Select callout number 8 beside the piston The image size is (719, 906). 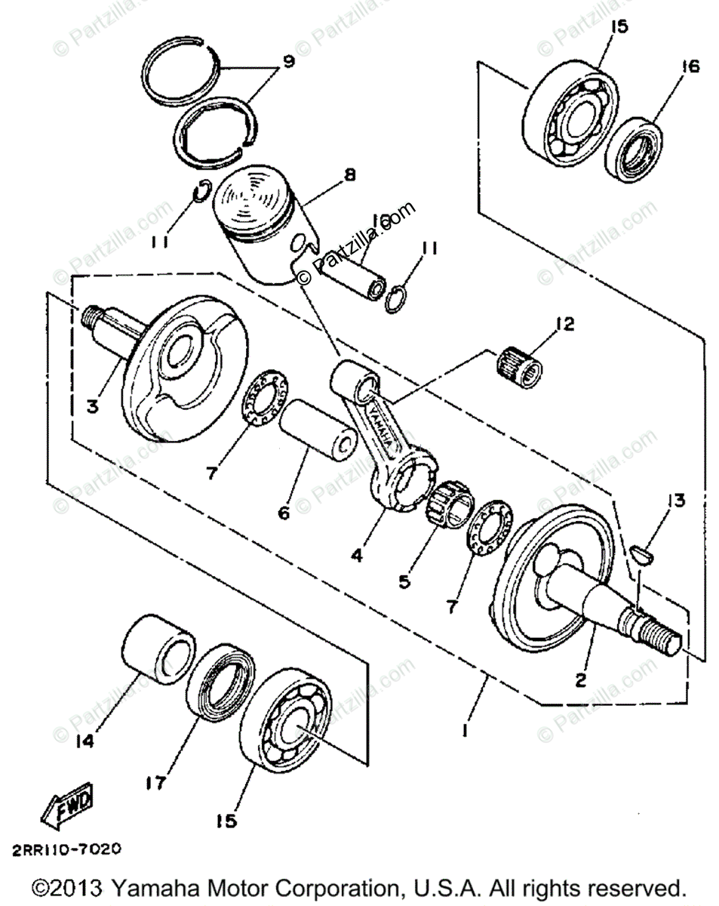point(349,174)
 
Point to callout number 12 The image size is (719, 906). point(565,325)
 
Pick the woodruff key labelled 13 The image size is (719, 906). point(641,554)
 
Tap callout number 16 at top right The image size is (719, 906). point(688,67)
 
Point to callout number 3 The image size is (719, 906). point(92,406)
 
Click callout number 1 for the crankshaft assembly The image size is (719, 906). point(466,732)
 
